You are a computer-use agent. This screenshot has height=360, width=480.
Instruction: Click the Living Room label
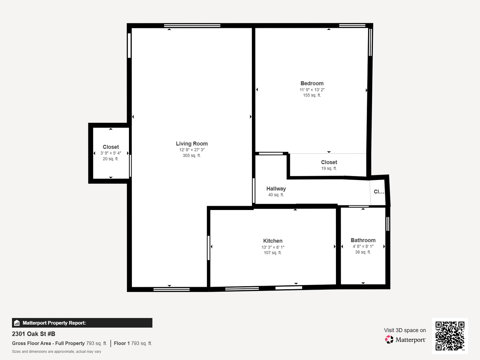point(192,144)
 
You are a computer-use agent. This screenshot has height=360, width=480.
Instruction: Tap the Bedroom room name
point(312,83)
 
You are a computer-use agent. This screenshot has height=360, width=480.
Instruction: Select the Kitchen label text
point(273,241)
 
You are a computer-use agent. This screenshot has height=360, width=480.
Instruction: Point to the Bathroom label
point(363,240)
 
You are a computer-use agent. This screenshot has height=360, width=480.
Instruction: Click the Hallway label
point(276,189)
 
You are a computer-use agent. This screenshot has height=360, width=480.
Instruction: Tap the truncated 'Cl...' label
point(379,192)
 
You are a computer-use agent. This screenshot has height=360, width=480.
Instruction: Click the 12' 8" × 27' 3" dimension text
point(192,150)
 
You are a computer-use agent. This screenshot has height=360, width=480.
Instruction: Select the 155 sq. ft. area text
point(312,95)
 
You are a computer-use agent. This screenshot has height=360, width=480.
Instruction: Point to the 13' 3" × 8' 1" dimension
point(273,247)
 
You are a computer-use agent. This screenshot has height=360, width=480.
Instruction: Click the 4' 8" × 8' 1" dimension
point(363,246)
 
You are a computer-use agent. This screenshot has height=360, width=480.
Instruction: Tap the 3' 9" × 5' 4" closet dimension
point(111,153)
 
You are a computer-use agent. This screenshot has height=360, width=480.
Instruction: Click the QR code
point(450,336)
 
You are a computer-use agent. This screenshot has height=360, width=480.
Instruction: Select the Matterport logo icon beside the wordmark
point(389,339)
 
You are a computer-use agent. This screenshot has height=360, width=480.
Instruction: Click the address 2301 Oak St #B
point(33,334)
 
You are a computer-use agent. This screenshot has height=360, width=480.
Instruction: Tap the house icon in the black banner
point(17,323)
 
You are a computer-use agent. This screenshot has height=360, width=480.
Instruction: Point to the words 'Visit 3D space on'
point(405,330)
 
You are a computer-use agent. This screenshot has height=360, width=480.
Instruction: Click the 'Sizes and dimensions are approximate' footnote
point(56,351)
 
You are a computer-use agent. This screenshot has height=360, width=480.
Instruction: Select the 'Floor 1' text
point(122,343)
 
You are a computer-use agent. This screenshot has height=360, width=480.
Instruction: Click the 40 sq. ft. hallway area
point(276,195)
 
